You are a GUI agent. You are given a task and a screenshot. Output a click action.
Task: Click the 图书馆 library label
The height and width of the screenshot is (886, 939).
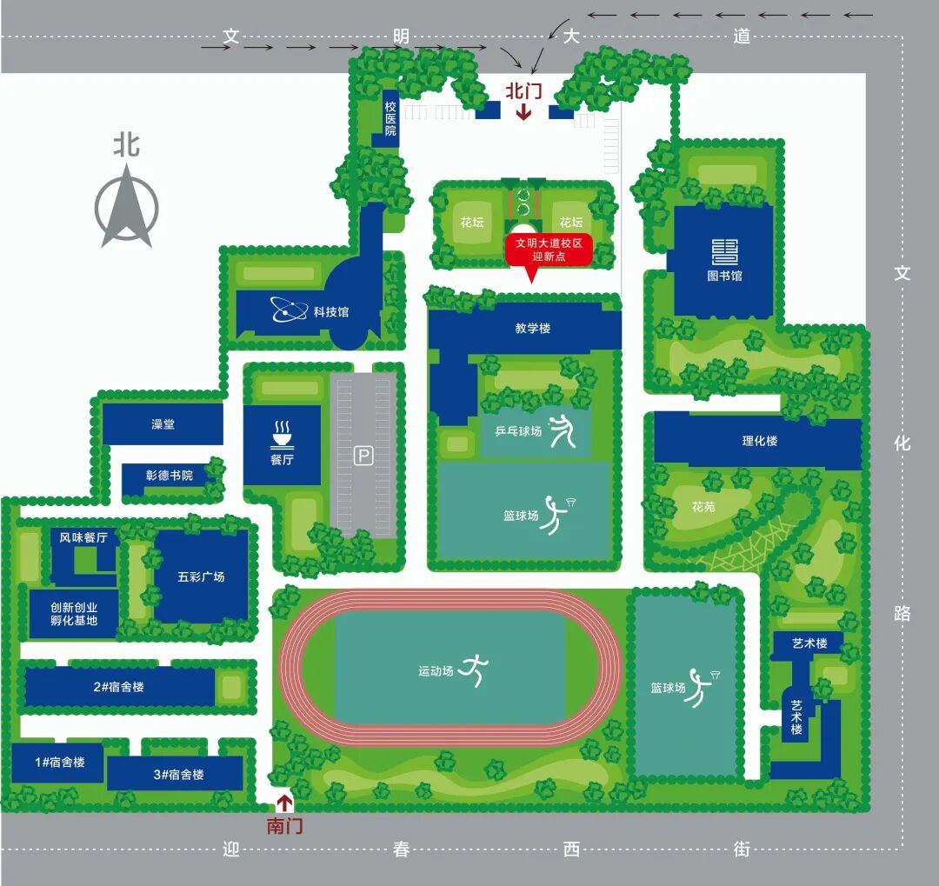pyautogui.click(x=724, y=276)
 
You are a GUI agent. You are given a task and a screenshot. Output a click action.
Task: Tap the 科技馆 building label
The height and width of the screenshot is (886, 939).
pyautogui.click(x=331, y=312)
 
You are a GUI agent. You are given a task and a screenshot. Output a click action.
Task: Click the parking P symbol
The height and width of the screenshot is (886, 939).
pyautogui.click(x=363, y=456)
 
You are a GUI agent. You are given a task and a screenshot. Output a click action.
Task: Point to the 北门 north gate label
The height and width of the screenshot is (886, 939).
pyautogui.click(x=524, y=91)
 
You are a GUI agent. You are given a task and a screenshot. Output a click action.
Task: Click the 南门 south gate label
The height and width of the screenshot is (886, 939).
pyautogui.click(x=284, y=827)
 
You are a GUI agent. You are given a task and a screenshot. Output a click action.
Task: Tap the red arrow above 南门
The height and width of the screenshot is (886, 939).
pyautogui.click(x=284, y=803)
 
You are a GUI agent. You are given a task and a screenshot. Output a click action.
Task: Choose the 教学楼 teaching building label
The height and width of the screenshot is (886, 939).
pyautogui.click(x=532, y=329)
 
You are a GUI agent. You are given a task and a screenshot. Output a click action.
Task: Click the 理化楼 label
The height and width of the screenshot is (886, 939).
pyautogui.click(x=760, y=441)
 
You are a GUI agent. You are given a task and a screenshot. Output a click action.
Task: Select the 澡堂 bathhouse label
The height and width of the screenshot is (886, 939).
pyautogui.click(x=163, y=424)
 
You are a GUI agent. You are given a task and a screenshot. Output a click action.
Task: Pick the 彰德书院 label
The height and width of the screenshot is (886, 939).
pyautogui.click(x=170, y=475)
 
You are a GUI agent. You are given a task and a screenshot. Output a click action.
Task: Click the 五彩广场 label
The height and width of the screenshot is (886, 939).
pyautogui.click(x=201, y=576)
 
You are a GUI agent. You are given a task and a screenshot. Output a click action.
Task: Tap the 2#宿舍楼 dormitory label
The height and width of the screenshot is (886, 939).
pyautogui.click(x=118, y=687)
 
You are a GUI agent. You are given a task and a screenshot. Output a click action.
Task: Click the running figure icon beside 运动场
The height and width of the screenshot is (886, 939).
pyautogui.click(x=474, y=669)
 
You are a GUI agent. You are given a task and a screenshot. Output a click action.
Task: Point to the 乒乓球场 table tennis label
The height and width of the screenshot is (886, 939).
pyautogui.click(x=518, y=430)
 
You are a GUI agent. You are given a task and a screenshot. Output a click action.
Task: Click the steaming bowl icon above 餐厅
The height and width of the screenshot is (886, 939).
pyautogui.click(x=282, y=435)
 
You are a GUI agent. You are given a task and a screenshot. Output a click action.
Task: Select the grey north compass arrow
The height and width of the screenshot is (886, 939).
pyautogui.click(x=126, y=206)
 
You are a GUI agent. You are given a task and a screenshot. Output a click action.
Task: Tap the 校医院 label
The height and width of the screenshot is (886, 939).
pyautogui.click(x=390, y=118)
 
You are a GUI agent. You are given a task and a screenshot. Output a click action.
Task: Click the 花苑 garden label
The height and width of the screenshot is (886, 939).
pyautogui.click(x=703, y=507)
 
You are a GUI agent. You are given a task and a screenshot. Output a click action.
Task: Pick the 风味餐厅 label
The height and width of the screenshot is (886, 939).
pyautogui.click(x=83, y=537)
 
